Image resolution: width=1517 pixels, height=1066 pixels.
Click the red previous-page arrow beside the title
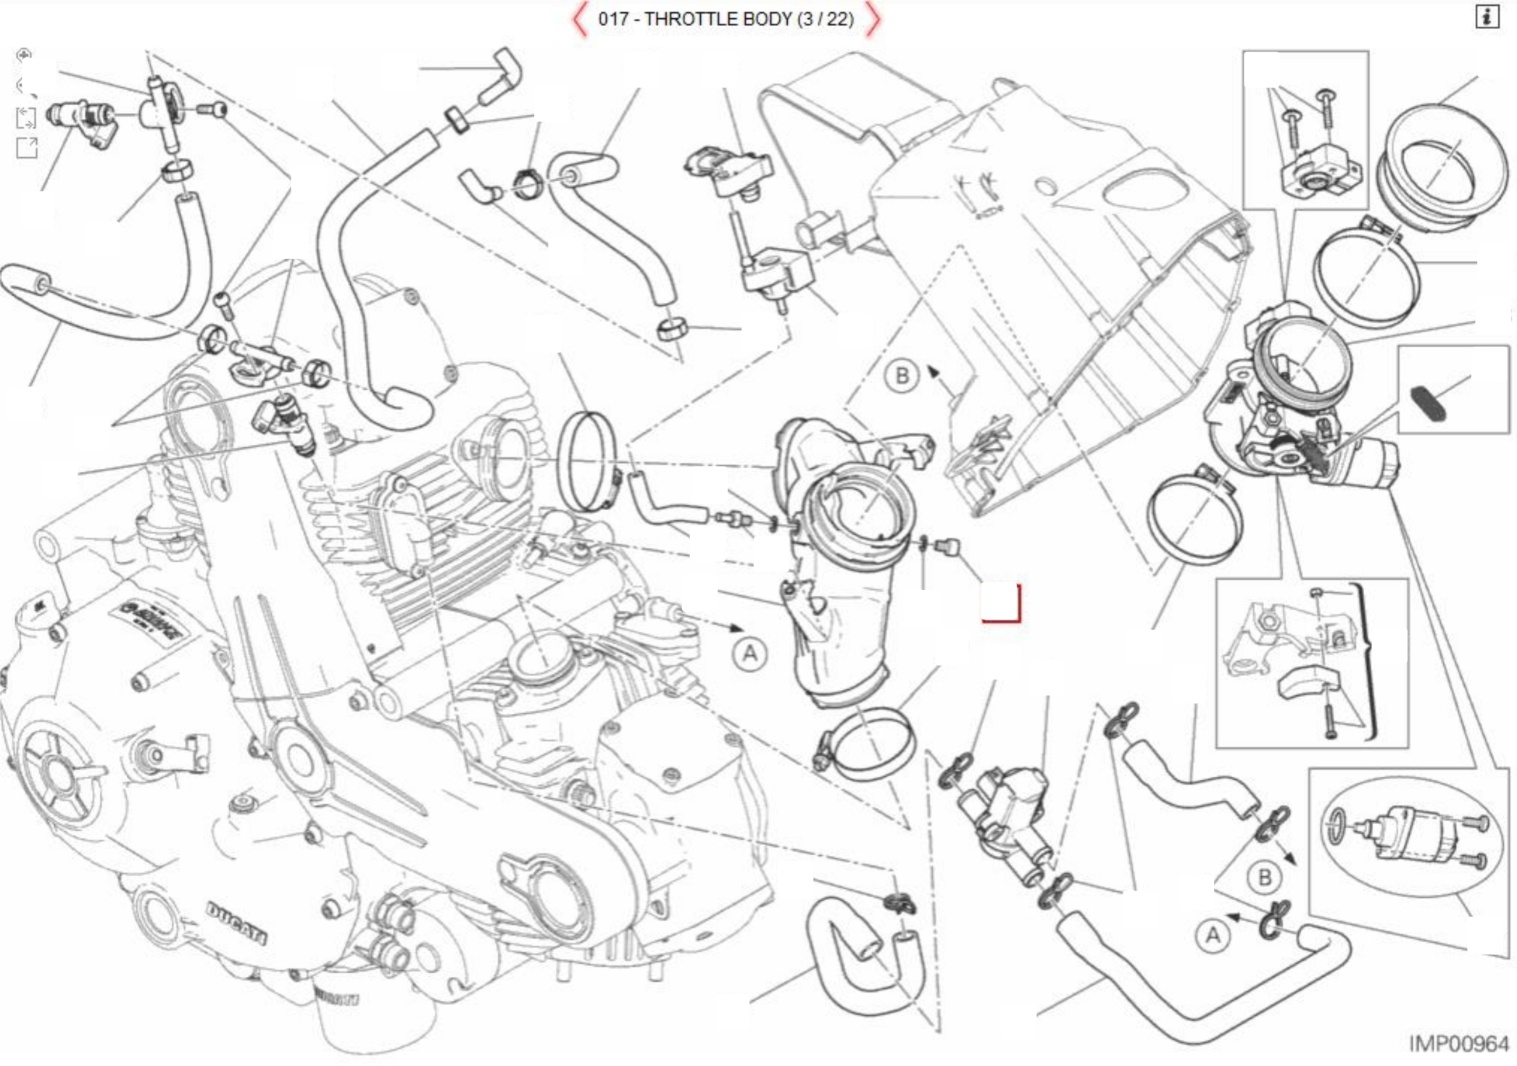click(x=579, y=20)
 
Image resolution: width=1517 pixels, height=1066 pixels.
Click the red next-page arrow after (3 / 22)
click(x=873, y=20)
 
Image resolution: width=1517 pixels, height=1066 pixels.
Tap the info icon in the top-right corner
click(x=1487, y=17)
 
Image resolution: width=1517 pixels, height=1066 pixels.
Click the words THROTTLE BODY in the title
click(x=718, y=19)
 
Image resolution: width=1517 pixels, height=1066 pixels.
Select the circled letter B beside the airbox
click(x=902, y=375)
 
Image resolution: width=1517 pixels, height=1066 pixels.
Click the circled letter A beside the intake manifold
click(x=749, y=654)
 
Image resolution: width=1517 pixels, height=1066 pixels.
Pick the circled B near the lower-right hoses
click(x=1265, y=878)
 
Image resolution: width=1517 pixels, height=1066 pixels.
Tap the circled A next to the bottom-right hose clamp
click(x=1213, y=936)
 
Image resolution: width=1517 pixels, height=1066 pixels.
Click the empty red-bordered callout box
click(x=1001, y=602)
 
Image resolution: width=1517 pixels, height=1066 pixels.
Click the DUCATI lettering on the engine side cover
click(x=236, y=923)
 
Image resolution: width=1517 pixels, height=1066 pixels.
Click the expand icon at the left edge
click(x=26, y=148)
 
